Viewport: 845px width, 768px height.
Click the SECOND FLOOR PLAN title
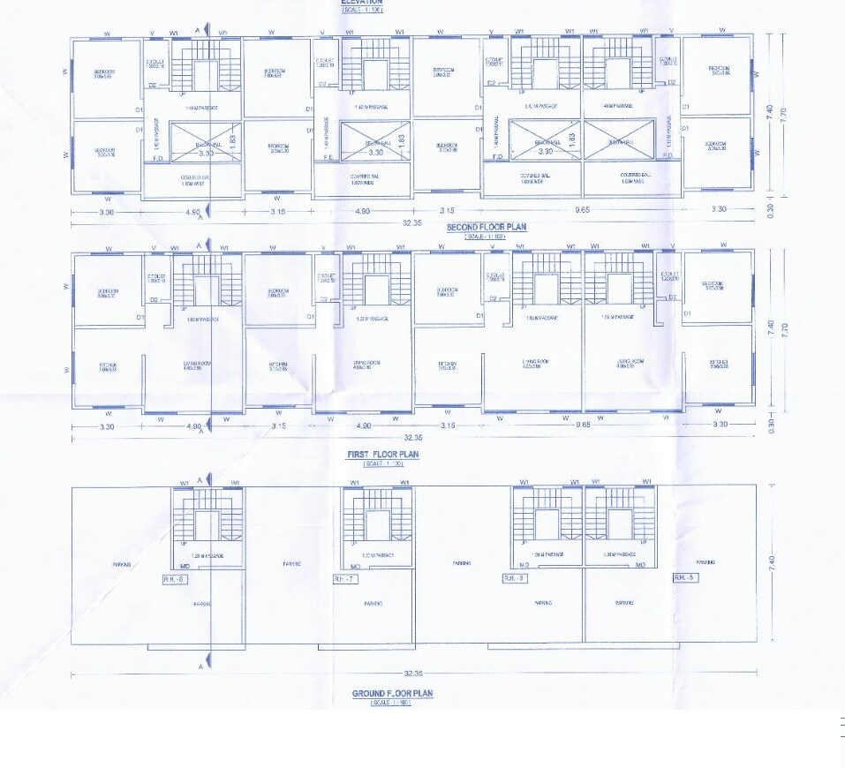point(486,227)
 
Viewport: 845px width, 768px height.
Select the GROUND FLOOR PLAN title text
point(392,694)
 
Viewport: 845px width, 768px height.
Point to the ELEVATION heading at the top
point(362,3)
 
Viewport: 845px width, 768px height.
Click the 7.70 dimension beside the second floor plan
point(783,113)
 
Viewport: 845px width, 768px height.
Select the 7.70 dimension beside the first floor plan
point(783,328)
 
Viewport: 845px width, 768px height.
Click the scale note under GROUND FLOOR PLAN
point(392,703)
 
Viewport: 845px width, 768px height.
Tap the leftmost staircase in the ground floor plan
point(207,520)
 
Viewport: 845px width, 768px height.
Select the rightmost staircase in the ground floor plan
point(617,520)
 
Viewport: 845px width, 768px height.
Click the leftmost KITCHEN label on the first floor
point(108,365)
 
